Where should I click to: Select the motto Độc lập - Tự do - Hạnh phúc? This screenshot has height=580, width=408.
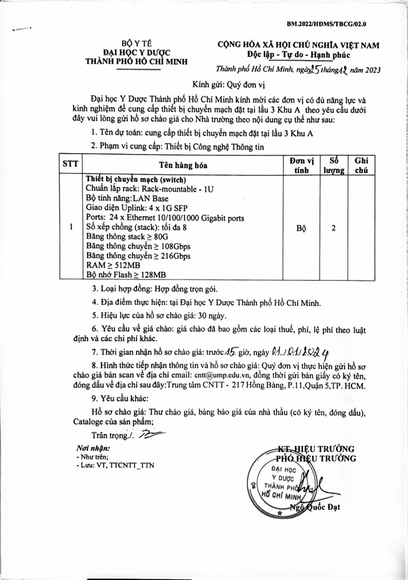pos(298,54)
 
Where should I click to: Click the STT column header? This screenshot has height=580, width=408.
pos(69,164)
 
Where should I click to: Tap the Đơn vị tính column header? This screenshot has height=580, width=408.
pos(302,164)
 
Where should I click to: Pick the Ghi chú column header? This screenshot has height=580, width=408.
pos(363,164)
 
